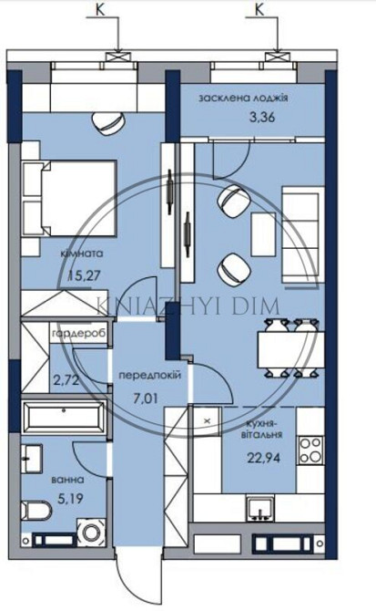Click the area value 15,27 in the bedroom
point(85,276)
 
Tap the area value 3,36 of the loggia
point(262,117)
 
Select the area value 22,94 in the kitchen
point(264,457)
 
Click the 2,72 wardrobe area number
point(66,380)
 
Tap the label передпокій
point(149,376)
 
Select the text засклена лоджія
point(243,98)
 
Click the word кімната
point(82,254)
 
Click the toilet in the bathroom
point(36,511)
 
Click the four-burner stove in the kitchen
point(310,450)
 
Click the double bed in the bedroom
point(70,198)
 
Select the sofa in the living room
point(303,234)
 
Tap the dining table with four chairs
point(290,348)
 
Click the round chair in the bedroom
point(108,123)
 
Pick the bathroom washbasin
point(32,459)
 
